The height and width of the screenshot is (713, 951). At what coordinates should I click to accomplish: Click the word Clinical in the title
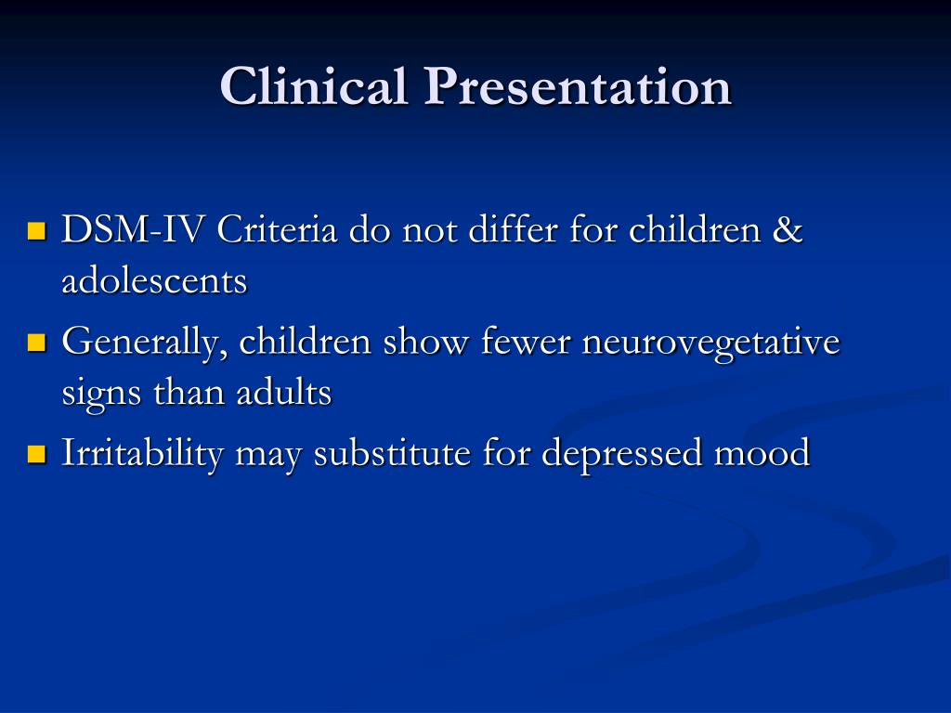(x=315, y=87)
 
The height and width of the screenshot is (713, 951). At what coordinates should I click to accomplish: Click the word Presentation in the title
(x=578, y=87)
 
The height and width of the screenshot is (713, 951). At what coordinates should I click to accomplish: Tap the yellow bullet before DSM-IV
(x=37, y=230)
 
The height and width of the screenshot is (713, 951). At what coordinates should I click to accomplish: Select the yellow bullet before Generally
(x=37, y=343)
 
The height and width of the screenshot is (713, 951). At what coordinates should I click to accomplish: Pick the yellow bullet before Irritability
(x=37, y=454)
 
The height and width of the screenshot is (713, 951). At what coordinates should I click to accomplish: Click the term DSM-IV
(x=135, y=230)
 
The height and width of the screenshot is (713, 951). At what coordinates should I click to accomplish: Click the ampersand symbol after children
(x=787, y=230)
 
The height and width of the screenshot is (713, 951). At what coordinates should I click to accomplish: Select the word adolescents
(x=154, y=280)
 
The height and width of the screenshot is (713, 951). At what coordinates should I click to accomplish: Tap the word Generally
(x=146, y=344)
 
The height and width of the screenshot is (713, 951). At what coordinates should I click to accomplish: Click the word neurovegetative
(x=710, y=344)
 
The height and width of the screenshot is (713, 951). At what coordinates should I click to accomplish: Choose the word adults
(x=283, y=394)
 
